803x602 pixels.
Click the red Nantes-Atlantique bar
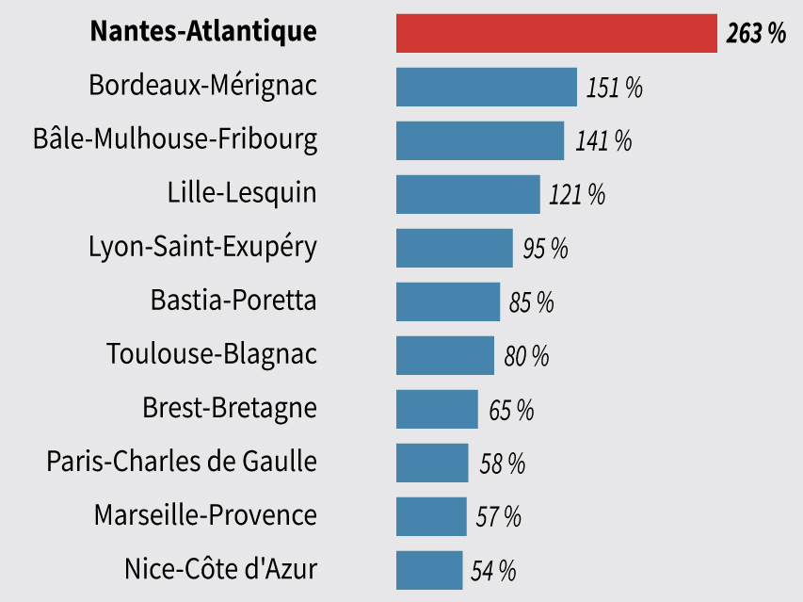556,33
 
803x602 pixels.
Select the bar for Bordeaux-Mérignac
487,87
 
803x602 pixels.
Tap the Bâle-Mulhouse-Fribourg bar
480,141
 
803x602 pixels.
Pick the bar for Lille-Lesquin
468,195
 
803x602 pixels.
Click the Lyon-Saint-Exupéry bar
455,248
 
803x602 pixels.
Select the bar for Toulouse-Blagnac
445,355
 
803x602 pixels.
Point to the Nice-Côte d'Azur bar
429,570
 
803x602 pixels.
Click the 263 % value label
756,33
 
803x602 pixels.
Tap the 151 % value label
614,88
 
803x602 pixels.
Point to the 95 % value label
545,249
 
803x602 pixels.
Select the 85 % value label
532,302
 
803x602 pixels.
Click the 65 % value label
511,410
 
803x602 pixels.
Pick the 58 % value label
503,464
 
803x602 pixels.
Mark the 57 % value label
498,517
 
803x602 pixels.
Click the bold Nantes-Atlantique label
204,31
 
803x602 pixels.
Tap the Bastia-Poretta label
233,301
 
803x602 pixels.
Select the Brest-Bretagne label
230,408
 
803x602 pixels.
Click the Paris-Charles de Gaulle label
182,461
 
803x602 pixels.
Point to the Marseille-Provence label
206,515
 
